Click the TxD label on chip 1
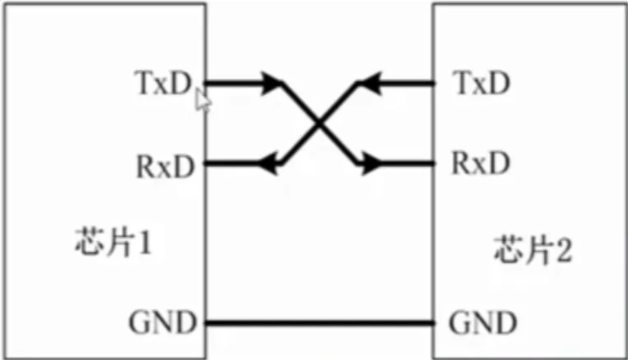[x=163, y=85]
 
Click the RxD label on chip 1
[x=165, y=165]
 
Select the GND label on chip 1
[x=163, y=323]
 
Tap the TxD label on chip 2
[x=480, y=84]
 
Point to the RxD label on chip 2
[x=480, y=163]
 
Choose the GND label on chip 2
[x=483, y=323]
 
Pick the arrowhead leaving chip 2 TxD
[x=367, y=84]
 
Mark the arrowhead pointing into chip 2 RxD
[x=370, y=163]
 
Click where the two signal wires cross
[x=319, y=124]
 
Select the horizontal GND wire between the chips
[x=320, y=323]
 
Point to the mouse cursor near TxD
[x=203, y=101]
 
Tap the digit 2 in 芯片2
[x=563, y=250]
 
